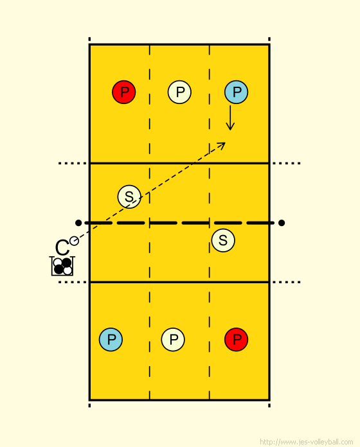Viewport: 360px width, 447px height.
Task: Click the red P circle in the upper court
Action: (124, 92)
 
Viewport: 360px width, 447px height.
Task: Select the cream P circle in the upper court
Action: (179, 92)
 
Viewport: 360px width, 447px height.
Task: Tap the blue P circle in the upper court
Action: (236, 92)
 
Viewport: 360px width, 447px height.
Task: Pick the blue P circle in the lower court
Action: (111, 340)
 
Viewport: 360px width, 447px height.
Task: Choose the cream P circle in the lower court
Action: (173, 340)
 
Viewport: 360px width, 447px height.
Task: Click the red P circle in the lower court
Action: (236, 340)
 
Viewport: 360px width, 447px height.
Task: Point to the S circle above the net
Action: (129, 197)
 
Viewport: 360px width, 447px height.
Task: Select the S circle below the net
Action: (223, 240)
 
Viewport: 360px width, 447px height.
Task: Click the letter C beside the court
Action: (62, 248)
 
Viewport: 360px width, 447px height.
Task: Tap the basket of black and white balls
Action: (62, 267)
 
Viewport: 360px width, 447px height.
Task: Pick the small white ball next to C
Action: (74, 241)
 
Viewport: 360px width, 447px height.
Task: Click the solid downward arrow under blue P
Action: (230, 118)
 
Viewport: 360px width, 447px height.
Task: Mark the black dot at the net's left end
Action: (78, 223)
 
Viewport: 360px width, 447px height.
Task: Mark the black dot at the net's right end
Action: (282, 223)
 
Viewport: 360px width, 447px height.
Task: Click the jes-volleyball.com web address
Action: (307, 442)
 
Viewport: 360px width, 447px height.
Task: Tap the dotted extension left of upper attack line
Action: (73, 163)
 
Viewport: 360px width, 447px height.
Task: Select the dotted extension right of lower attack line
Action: (287, 282)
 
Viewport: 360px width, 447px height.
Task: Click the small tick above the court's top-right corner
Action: (269, 39)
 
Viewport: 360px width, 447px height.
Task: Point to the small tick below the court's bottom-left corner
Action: (89, 405)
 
